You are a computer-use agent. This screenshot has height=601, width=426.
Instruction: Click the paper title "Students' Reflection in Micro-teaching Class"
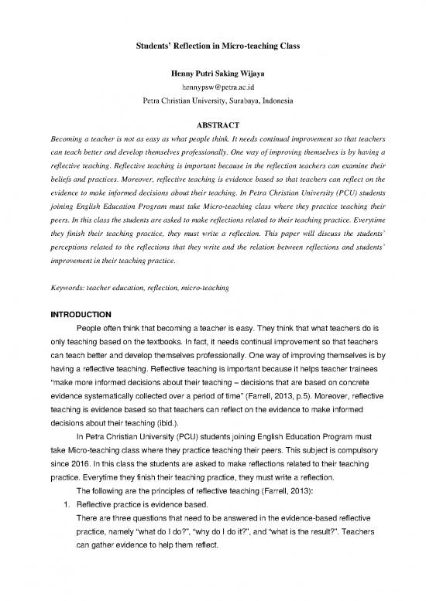[x=213, y=47]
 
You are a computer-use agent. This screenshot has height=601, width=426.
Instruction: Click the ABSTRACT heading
[x=213, y=126]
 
